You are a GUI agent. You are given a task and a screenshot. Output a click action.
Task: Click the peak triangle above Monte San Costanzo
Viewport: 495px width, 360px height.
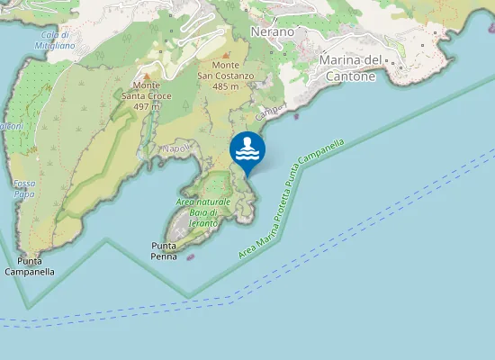[225, 55]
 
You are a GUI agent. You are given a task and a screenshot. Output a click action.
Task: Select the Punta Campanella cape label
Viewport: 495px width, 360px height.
[30, 266]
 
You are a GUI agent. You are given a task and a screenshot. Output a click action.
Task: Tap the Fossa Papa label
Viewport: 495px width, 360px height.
[24, 188]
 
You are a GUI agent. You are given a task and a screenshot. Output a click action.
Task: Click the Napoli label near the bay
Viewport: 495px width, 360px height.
[174, 148]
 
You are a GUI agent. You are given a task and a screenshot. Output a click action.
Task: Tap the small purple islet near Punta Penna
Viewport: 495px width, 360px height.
[190, 255]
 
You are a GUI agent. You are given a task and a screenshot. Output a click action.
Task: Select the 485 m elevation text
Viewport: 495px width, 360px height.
[226, 86]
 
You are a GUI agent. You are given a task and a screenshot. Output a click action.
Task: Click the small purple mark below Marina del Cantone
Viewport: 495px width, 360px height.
[296, 114]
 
